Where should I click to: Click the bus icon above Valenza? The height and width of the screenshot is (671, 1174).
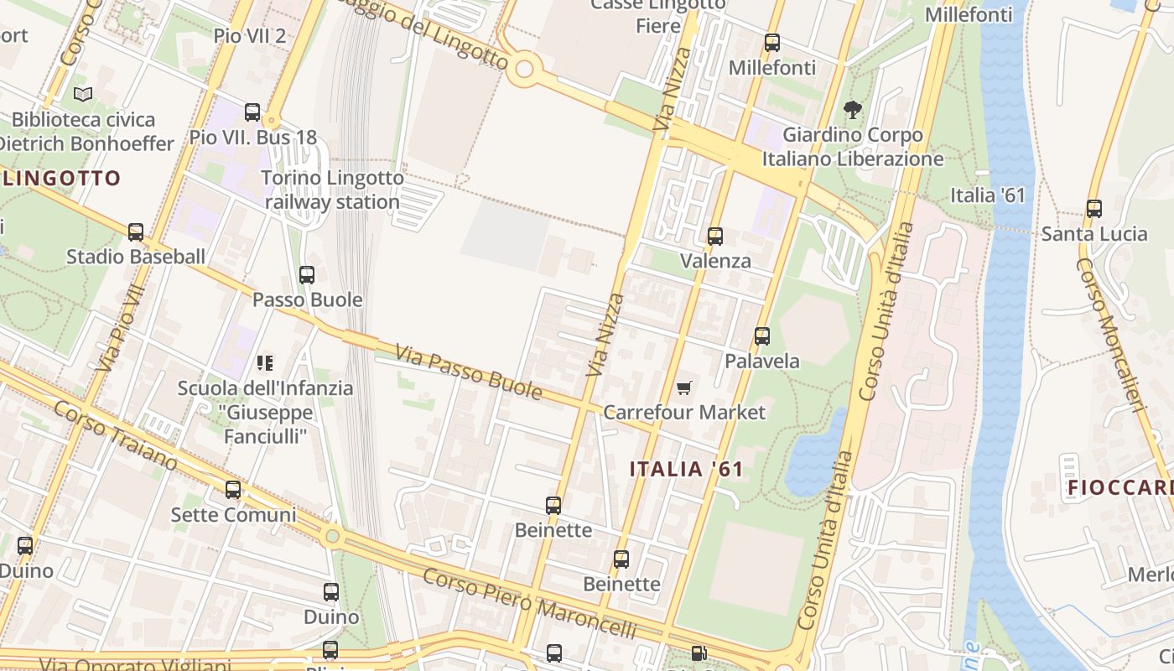click(714, 236)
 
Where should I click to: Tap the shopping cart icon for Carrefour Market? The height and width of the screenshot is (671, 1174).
click(684, 388)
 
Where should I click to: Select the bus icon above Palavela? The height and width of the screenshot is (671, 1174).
click(761, 335)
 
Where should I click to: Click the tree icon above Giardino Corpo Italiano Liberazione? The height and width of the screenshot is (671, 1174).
click(853, 109)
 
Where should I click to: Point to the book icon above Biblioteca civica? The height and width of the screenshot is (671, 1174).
click(82, 94)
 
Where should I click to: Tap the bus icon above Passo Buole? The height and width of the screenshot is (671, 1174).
click(307, 274)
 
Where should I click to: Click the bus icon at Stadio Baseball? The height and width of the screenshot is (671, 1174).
click(135, 231)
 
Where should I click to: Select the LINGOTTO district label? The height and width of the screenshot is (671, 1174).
click(62, 178)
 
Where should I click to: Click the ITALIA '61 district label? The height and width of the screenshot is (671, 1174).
click(686, 469)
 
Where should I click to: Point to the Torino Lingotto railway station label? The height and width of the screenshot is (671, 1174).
click(333, 190)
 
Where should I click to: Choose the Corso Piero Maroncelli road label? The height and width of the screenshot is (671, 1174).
click(528, 603)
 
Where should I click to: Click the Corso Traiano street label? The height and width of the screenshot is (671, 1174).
click(116, 434)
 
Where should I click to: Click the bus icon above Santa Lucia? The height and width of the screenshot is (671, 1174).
click(1093, 208)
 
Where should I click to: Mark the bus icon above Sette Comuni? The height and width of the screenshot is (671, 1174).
click(232, 489)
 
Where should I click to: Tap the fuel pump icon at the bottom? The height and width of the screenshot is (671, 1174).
click(699, 653)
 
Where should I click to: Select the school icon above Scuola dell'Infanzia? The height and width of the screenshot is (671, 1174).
click(265, 363)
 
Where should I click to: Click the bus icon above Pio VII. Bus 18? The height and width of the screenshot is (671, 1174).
click(252, 112)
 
